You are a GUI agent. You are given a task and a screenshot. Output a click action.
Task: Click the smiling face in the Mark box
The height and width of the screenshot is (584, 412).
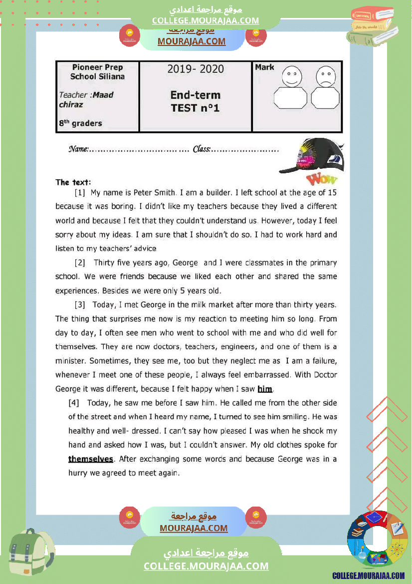[292, 76]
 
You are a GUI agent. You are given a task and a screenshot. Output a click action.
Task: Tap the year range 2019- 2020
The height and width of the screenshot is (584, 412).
[196, 69]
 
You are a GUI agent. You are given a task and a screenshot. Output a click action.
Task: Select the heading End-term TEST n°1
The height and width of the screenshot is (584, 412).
[196, 101]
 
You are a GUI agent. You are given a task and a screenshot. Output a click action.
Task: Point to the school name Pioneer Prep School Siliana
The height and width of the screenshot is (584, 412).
[97, 72]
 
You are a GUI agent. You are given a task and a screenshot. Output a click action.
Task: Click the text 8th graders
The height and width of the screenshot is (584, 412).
[80, 123]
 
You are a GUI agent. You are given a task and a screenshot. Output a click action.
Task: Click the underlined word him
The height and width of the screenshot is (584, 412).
[265, 389]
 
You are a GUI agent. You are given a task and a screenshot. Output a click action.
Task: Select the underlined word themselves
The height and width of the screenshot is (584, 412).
[91, 459]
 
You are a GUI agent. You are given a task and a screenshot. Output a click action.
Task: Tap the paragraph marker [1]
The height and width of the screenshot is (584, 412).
[80, 192]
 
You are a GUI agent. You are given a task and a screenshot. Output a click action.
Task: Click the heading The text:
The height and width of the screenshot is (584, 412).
[73, 182]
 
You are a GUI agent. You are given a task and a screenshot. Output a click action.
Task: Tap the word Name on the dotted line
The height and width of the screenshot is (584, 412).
[78, 149]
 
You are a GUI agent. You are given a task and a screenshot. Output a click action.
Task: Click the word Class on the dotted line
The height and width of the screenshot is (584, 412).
[202, 149]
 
